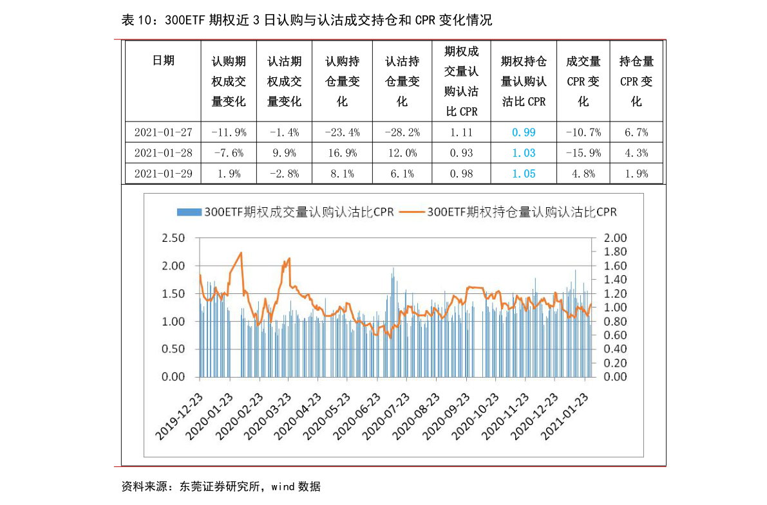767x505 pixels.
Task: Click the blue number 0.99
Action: (524, 133)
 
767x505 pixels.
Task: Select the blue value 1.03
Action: (524, 153)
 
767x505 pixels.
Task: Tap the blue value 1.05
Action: (524, 174)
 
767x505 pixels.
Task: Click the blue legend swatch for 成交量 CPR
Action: (189, 212)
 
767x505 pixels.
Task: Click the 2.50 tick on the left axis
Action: (172, 238)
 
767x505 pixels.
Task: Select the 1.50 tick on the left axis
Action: (172, 294)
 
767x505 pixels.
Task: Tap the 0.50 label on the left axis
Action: (172, 349)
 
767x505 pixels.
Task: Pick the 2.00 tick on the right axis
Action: (616, 238)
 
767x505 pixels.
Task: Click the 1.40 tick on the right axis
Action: (616, 280)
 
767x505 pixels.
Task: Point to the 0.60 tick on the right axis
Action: (616, 335)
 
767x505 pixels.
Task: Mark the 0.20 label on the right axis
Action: (616, 363)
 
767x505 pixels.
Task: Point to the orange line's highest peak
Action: (241, 253)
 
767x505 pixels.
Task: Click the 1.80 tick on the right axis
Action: (616, 252)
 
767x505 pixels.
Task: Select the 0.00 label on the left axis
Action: (172, 377)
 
